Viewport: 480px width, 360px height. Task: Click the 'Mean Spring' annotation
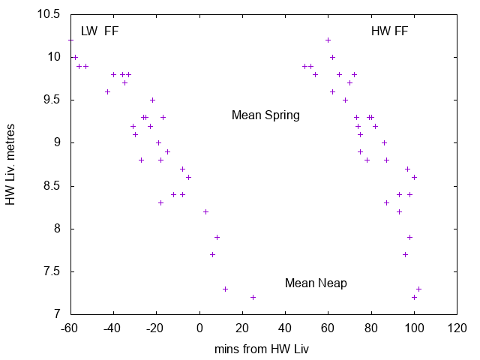265,115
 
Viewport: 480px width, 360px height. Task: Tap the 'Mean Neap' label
316,283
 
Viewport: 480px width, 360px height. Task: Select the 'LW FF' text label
100,31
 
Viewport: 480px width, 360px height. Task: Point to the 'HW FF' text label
390,31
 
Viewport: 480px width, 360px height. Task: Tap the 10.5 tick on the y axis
50,14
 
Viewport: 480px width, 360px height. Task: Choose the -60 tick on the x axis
70,328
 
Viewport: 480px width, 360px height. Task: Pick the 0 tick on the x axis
199,328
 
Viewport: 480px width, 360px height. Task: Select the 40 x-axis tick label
285,328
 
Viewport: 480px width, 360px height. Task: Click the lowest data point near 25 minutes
253,297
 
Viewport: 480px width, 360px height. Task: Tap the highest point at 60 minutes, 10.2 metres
328,40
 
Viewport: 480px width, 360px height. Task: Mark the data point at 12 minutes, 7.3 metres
225,289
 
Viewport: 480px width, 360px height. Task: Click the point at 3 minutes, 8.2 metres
205,211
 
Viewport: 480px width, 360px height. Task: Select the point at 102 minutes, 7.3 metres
418,289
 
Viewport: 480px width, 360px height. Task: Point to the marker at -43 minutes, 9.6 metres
107,91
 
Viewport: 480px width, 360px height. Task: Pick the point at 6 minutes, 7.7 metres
212,254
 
